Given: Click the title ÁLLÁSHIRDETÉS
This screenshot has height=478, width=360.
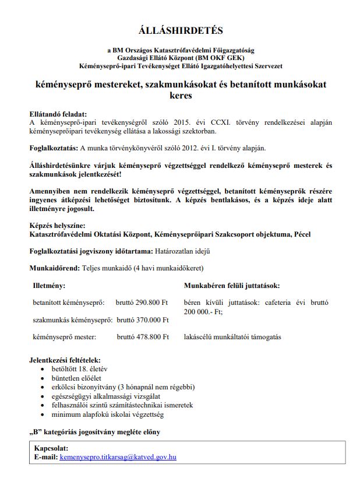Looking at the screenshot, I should click(181, 29).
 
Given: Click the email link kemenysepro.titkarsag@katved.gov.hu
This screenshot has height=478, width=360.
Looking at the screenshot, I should click(118, 458).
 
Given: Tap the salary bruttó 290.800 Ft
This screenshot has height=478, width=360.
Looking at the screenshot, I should click(142, 303).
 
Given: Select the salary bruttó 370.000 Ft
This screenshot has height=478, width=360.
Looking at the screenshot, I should click(143, 320).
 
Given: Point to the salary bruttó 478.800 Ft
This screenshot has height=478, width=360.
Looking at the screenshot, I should click(142, 337).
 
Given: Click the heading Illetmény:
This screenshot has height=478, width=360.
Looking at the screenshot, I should click(49, 286).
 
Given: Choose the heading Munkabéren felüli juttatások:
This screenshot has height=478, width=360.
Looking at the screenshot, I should click(232, 286).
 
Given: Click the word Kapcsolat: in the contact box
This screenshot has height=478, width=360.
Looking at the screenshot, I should click(51, 448).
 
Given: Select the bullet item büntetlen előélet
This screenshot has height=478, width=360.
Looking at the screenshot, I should click(77, 378).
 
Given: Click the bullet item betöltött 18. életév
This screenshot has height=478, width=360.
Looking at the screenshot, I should click(79, 369).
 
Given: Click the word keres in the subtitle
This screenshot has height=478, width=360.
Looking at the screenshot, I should click(180, 95).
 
